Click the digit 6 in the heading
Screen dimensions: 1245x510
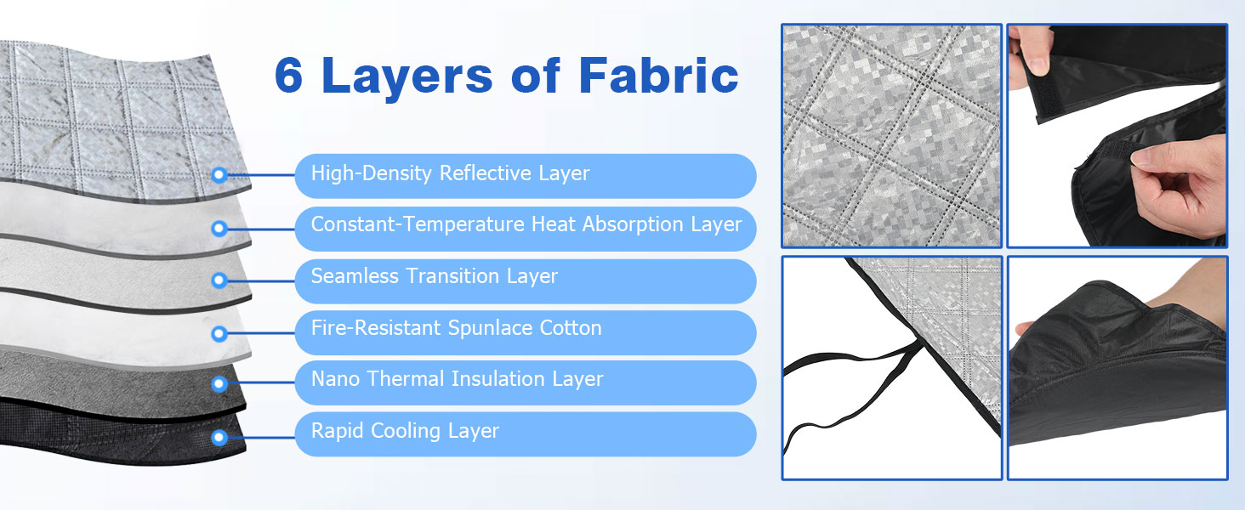(x=288, y=75)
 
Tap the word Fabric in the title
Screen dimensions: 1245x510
(x=658, y=75)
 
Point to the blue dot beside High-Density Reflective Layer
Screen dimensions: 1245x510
(x=219, y=175)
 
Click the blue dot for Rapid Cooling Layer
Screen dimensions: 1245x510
(x=219, y=437)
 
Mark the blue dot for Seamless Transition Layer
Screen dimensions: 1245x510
(x=219, y=280)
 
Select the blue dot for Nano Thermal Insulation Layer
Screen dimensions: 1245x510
(x=219, y=383)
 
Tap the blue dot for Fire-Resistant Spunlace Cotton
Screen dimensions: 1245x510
(x=219, y=333)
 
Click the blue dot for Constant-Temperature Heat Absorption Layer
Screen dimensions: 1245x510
(x=219, y=229)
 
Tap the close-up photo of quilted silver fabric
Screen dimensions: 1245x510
(x=891, y=135)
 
